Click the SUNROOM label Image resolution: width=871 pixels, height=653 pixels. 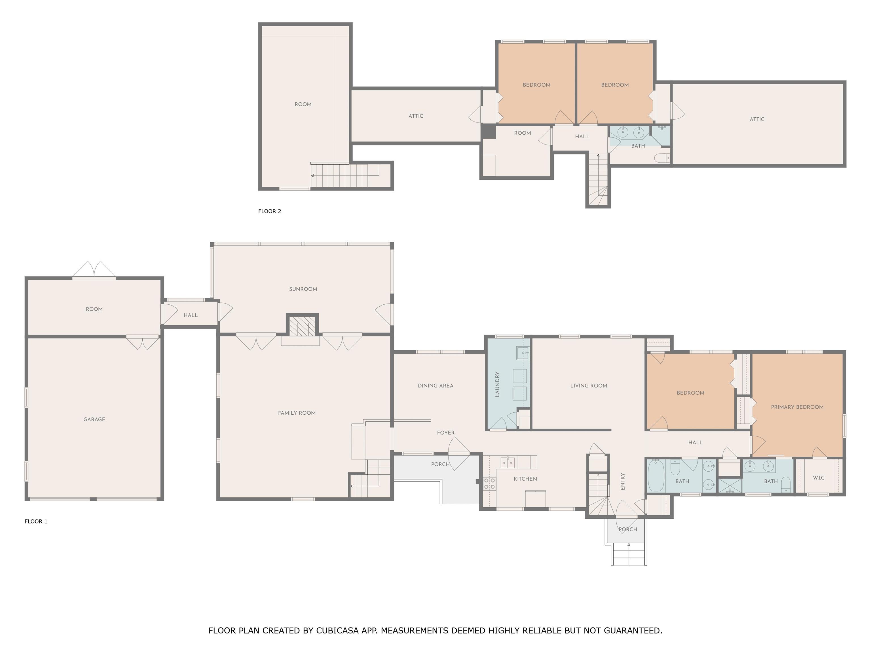tap(303, 289)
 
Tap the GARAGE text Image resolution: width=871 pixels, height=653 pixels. tap(94, 419)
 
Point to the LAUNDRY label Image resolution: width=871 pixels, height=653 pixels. tap(497, 384)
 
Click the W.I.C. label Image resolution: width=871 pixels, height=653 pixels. tap(819, 478)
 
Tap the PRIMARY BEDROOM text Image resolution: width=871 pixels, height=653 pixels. tap(797, 407)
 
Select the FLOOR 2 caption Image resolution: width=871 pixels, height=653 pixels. tap(270, 211)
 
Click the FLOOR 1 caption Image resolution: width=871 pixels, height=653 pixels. tap(36, 521)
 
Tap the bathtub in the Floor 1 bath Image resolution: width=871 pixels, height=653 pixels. tap(656, 476)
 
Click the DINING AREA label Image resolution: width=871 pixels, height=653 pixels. tap(435, 386)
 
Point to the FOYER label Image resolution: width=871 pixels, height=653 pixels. tap(446, 432)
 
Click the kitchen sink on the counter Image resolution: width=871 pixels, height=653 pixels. tap(508, 463)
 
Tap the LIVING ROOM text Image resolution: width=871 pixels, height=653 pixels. tap(589, 386)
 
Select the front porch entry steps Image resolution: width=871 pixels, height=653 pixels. tap(629, 554)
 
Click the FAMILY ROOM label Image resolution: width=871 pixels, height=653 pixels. tap(297, 413)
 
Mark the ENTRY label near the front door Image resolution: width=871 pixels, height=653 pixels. tap(623, 481)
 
